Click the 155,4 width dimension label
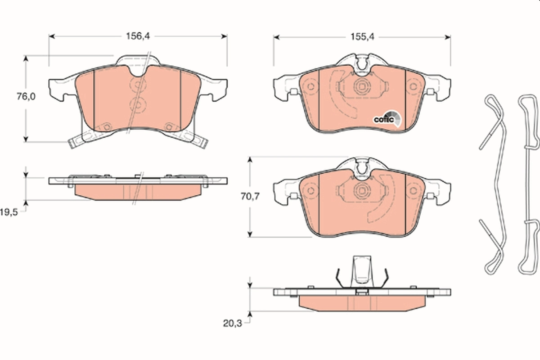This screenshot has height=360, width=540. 363,37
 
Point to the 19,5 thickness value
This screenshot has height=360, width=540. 10,211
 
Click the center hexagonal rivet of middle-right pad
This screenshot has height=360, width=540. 361,190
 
